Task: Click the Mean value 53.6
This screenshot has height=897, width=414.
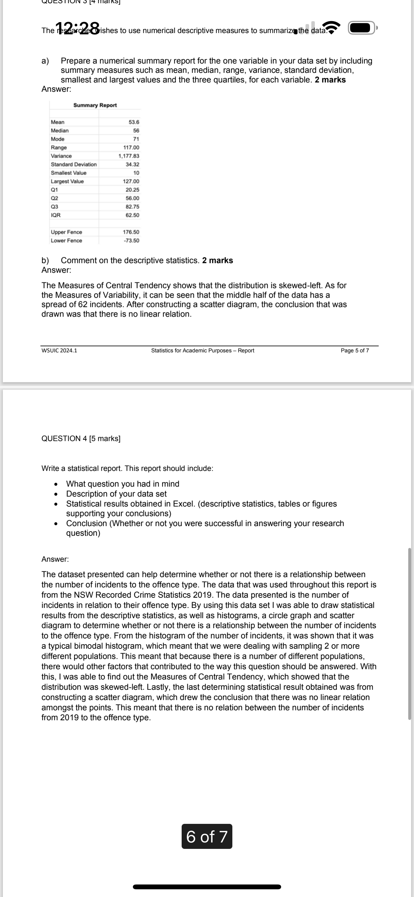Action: (134, 122)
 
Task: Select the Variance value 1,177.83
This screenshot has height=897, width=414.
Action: (129, 156)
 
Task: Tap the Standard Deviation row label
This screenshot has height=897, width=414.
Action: (74, 164)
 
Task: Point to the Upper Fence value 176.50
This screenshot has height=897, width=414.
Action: (131, 232)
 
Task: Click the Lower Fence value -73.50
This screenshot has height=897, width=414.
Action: (131, 241)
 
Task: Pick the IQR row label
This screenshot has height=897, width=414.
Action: (56, 215)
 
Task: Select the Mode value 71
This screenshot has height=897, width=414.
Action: (136, 139)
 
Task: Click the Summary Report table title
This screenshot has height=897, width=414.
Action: (95, 105)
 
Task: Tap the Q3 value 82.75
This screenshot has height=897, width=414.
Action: (133, 207)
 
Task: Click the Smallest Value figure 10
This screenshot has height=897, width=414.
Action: (136, 173)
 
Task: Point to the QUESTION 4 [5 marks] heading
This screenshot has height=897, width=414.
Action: (81, 439)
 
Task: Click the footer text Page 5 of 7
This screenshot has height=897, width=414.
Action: (355, 350)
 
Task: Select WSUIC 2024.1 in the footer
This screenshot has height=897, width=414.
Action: (59, 350)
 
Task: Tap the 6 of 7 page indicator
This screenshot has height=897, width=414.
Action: (207, 836)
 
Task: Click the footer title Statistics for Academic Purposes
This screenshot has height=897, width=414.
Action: (203, 350)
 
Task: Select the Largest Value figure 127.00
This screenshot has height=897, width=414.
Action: (131, 181)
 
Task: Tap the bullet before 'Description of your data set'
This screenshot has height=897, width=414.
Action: (56, 494)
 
